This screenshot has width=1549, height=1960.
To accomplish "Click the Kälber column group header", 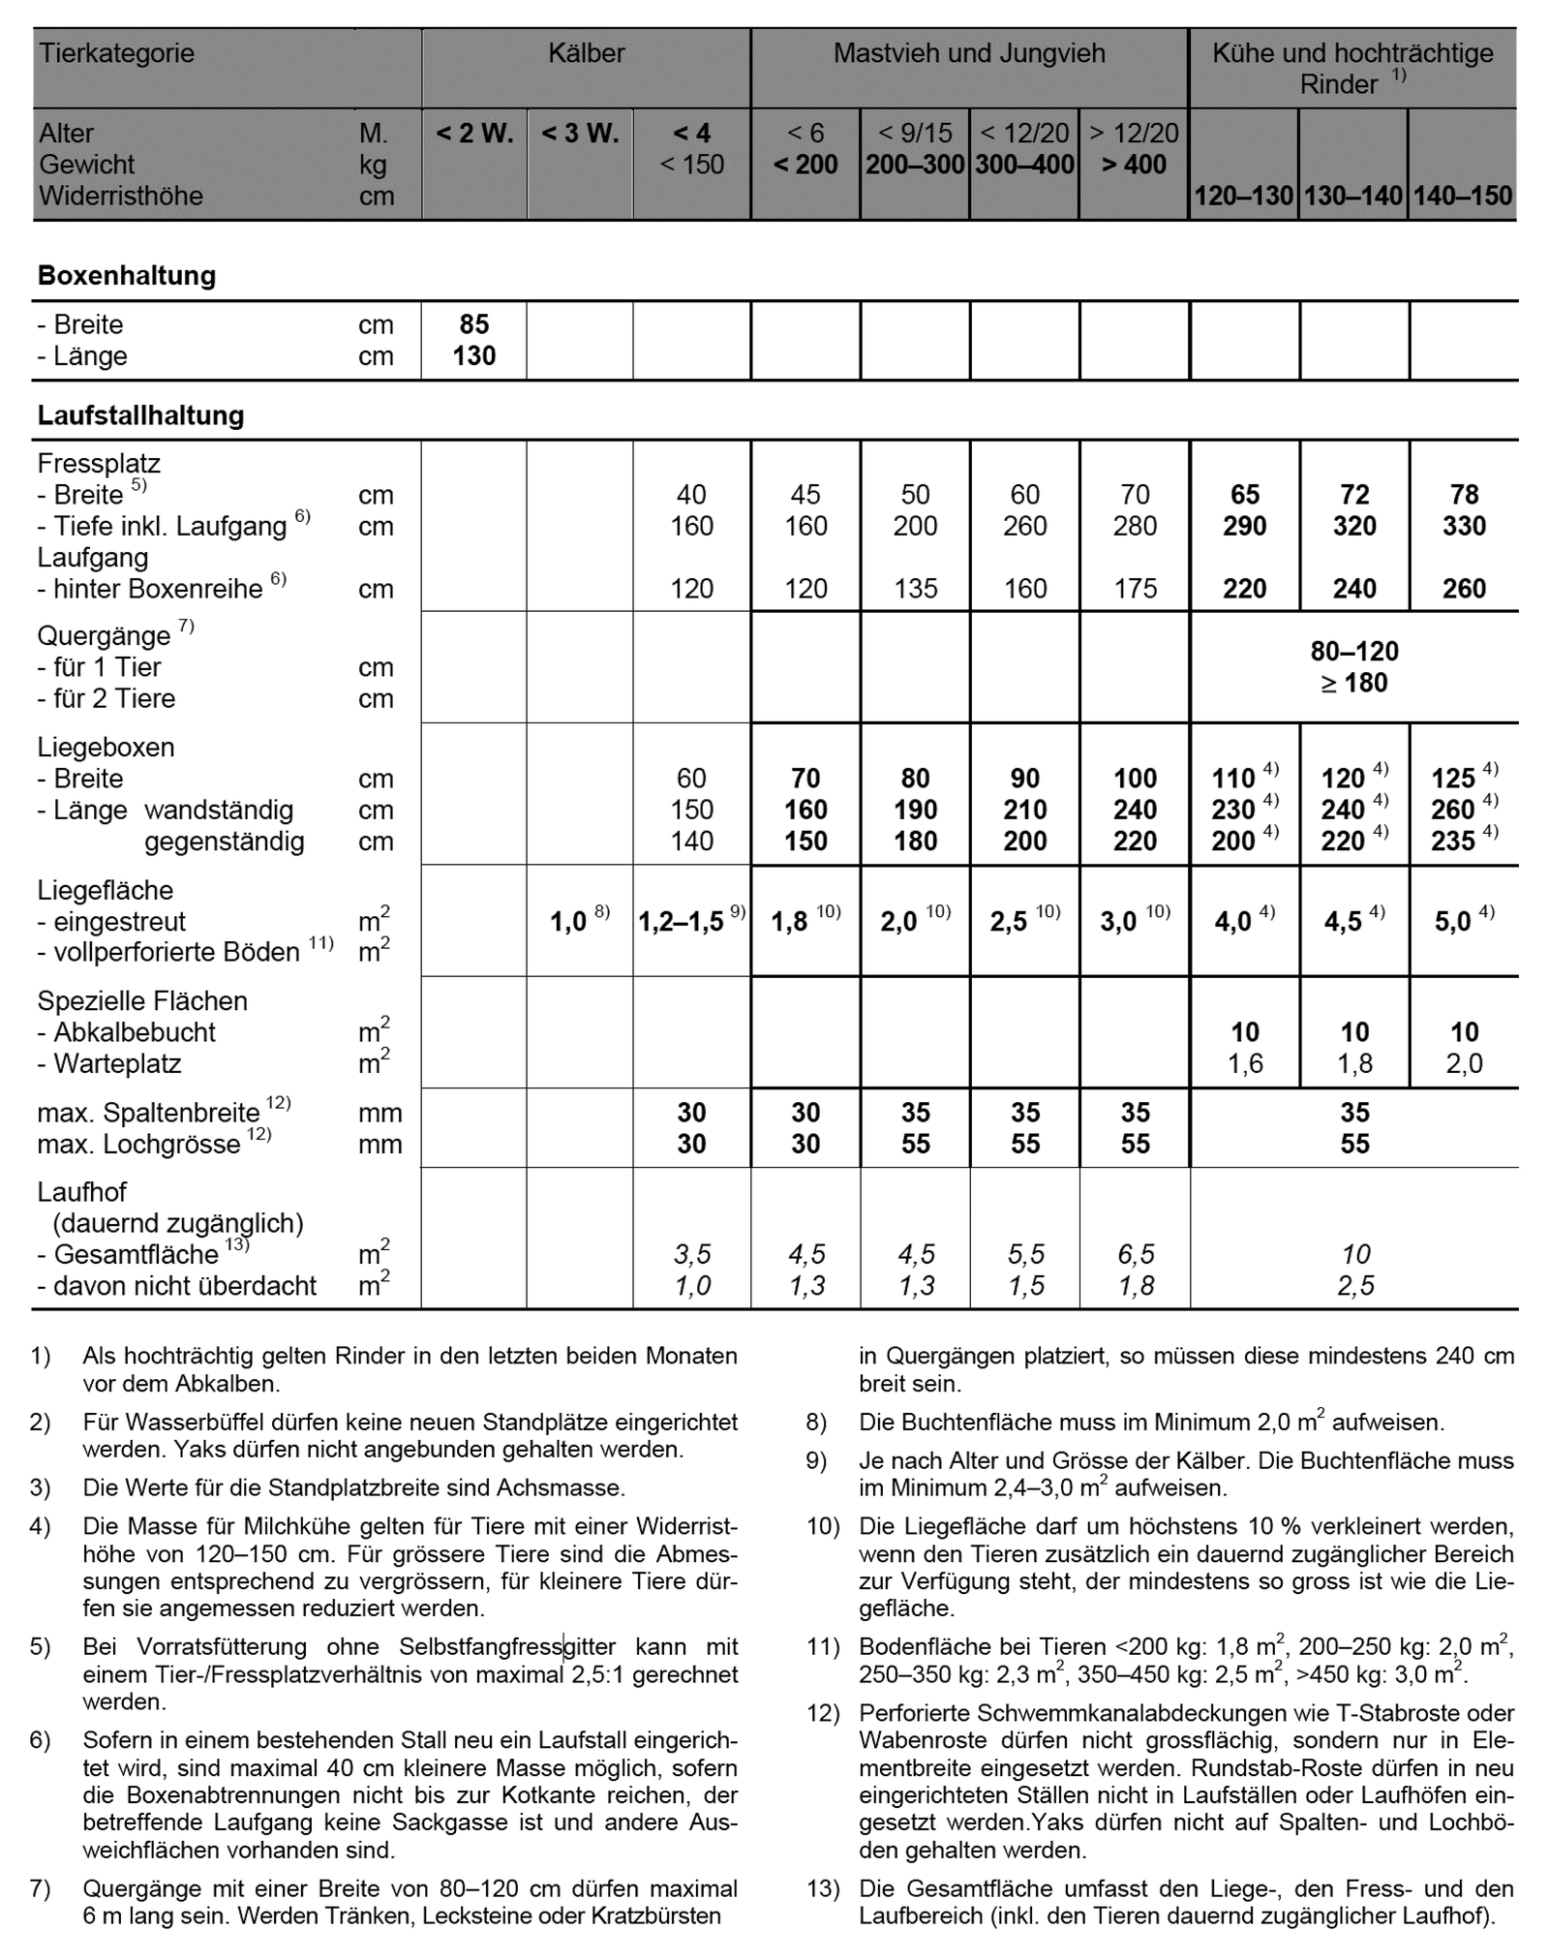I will (586, 53).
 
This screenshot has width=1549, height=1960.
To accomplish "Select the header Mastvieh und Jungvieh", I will (969, 53).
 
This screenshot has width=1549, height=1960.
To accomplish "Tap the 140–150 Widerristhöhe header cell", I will (1462, 196).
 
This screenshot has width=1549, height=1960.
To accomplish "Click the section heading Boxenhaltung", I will (127, 276).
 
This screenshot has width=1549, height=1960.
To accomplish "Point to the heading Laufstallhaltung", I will (140, 416).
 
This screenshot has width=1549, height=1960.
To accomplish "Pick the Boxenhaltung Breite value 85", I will (474, 324).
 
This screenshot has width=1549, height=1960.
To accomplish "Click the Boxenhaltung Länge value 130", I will (474, 356).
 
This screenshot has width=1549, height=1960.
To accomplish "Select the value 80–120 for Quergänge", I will (1354, 652).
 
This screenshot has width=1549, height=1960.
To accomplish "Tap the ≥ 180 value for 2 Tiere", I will (1354, 684).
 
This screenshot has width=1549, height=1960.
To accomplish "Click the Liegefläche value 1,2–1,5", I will (682, 922).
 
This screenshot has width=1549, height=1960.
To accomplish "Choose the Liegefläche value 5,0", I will (1453, 922).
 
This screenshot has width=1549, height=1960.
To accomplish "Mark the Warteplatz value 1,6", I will (1245, 1064).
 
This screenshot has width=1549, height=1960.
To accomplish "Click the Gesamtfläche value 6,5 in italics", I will (1136, 1255).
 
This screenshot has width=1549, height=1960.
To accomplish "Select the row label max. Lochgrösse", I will (138, 1145).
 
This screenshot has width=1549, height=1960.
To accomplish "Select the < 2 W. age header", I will (474, 134).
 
